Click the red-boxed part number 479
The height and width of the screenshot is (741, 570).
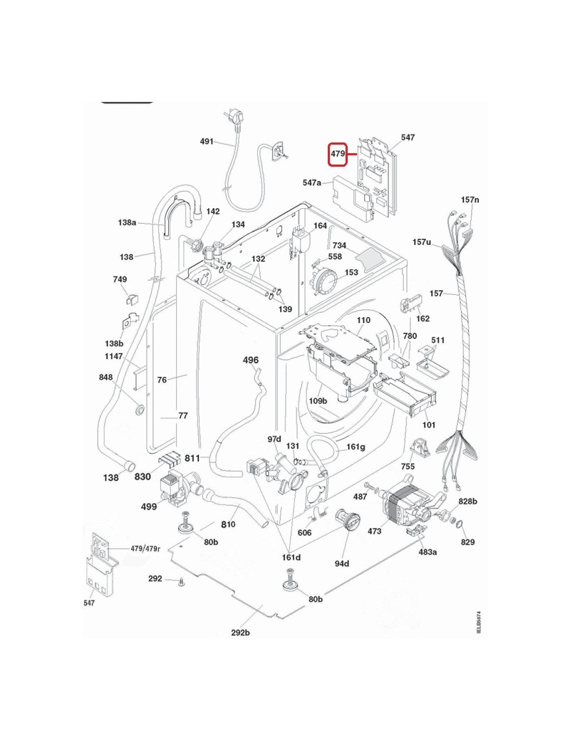(338, 154)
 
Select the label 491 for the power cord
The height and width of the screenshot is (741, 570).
(207, 141)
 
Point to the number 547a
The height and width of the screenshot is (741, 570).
(312, 182)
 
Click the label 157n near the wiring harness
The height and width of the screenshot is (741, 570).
(470, 200)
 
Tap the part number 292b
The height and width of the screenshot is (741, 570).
(240, 633)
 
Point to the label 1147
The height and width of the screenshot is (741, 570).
(114, 356)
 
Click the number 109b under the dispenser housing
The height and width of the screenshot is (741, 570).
(318, 401)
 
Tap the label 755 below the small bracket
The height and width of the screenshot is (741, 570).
(408, 467)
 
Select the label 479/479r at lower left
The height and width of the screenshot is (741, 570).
(145, 549)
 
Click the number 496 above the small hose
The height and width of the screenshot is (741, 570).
(251, 360)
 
